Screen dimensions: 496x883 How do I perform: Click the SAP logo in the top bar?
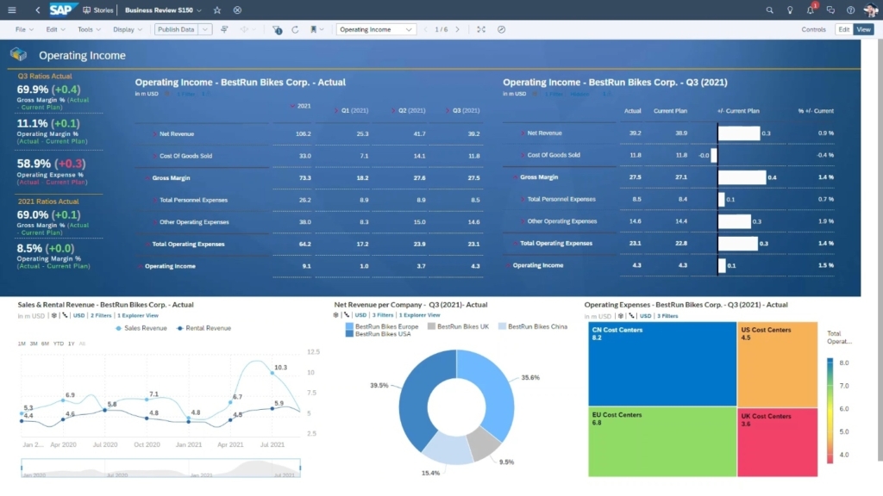[x=63, y=9]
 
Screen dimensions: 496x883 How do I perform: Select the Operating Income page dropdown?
[x=376, y=29]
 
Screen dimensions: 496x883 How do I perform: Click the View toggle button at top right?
[x=863, y=29]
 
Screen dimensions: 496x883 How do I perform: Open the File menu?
[x=24, y=29]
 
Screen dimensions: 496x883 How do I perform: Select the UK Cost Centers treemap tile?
[x=778, y=442]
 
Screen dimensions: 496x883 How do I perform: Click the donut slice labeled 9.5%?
[x=483, y=443]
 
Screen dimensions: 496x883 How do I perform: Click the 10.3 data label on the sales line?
[x=280, y=368]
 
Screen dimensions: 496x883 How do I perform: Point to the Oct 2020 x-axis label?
[x=147, y=445]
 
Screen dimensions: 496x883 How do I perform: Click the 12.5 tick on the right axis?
[x=313, y=352]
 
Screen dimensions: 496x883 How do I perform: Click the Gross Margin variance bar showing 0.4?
[x=742, y=177]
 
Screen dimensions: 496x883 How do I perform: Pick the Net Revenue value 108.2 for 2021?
[x=303, y=134]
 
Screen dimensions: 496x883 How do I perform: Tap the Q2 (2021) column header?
[x=410, y=110]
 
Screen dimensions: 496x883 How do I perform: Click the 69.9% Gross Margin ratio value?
[x=33, y=90]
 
